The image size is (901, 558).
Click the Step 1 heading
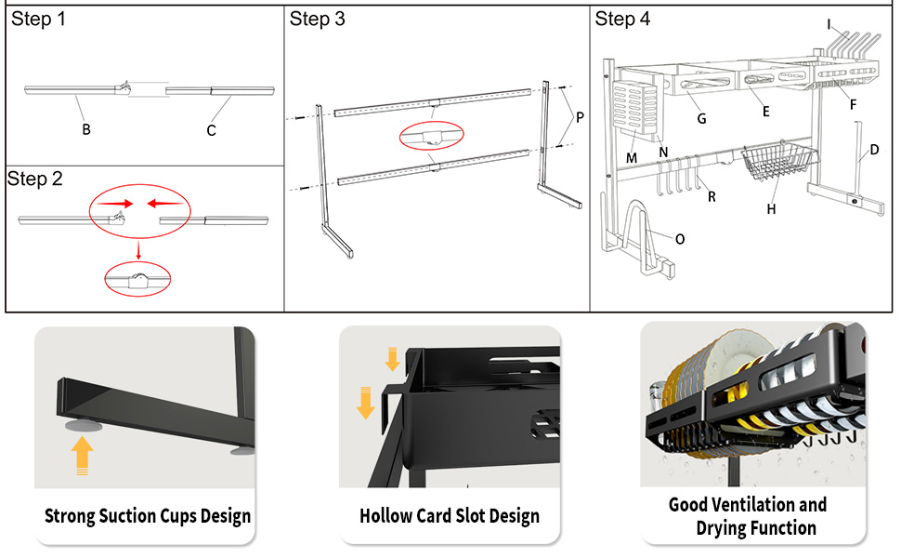(38, 20)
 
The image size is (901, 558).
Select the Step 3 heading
(318, 20)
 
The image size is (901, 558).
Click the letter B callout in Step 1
(86, 129)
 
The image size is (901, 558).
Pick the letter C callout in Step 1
(211, 130)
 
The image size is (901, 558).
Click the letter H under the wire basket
(771, 209)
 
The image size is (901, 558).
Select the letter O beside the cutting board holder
(680, 239)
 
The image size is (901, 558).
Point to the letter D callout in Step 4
(874, 149)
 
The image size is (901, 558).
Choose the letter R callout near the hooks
(712, 196)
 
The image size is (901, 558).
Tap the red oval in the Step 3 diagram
(430, 137)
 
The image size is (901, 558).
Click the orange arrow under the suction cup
(83, 456)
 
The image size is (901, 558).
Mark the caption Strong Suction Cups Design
(148, 515)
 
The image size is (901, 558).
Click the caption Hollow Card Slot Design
(450, 515)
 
